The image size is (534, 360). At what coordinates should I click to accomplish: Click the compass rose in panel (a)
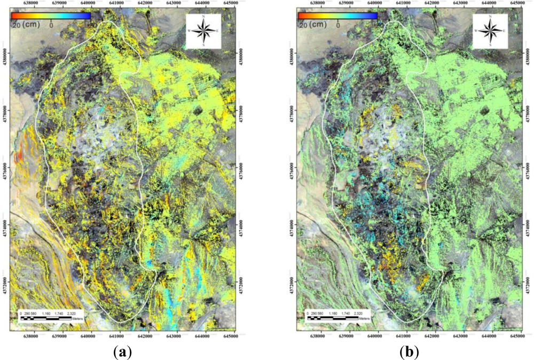[202, 30]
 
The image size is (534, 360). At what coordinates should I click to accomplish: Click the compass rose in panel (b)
[489, 30]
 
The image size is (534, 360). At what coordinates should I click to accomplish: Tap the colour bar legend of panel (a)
[51, 16]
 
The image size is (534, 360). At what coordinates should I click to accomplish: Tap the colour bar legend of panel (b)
[337, 16]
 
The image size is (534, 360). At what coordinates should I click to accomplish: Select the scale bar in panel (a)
[46, 318]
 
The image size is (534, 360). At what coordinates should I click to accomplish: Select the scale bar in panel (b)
[333, 318]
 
